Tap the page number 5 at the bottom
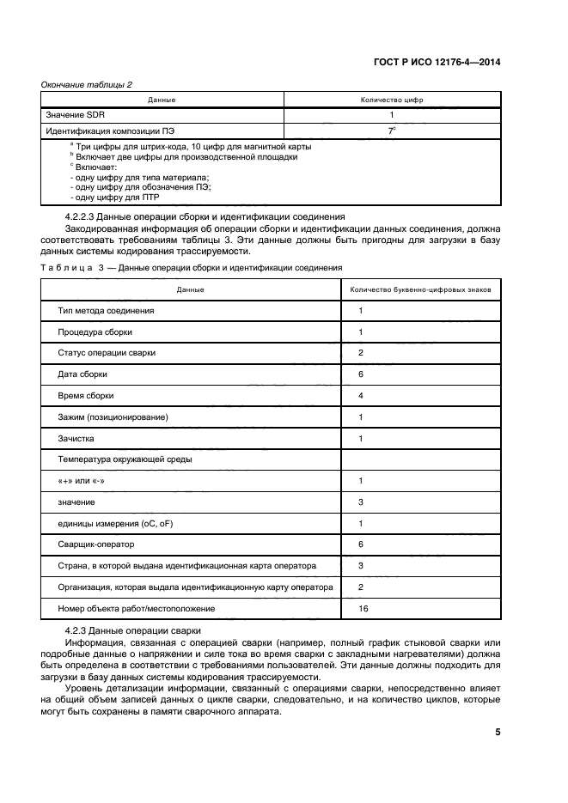click(498, 732)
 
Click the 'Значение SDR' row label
click(77, 114)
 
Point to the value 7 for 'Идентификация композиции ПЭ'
click(391, 131)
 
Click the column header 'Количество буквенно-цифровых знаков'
click(421, 289)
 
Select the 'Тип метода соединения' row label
click(106, 310)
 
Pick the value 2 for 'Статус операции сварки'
click(361, 353)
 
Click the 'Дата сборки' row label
click(82, 374)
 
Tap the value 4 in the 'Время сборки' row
click(361, 395)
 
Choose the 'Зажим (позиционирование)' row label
click(113, 417)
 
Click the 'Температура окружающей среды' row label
click(125, 459)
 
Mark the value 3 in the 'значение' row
click(361, 502)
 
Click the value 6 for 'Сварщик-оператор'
click(361, 544)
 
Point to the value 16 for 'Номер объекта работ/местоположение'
click(363, 608)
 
